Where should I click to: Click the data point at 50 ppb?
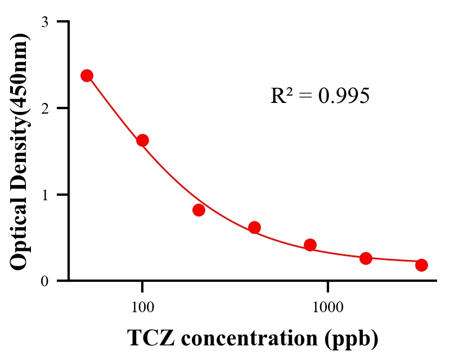(87, 75)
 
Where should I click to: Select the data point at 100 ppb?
(142, 140)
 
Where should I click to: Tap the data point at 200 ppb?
(199, 210)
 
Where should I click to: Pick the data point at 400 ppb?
(254, 227)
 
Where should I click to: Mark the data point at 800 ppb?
(310, 245)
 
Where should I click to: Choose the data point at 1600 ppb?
(366, 258)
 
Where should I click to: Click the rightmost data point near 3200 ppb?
(421, 265)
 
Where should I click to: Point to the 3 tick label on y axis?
(45, 22)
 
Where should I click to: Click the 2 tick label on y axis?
(45, 108)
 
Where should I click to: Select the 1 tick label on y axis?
(45, 195)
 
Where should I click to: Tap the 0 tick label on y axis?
(45, 281)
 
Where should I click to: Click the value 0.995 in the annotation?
(344, 96)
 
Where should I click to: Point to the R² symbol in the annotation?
(280, 96)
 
